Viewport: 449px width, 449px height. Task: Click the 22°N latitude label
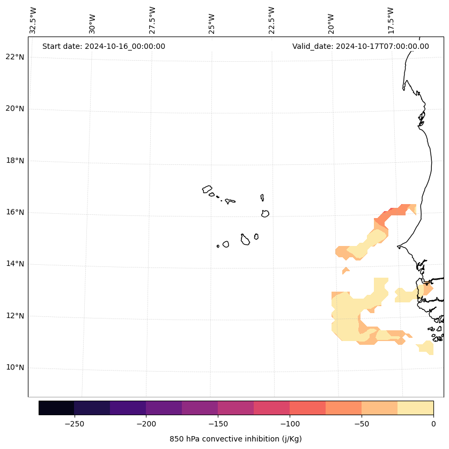[15, 57]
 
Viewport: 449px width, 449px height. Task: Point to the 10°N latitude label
[15, 368]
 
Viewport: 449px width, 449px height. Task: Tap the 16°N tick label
[15, 212]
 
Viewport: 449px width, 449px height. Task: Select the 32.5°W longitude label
[33, 20]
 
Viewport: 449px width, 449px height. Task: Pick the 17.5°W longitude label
[391, 20]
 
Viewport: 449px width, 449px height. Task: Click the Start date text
[104, 46]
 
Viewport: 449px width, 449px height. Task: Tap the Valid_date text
[360, 46]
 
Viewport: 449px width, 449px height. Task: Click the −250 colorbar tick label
[74, 424]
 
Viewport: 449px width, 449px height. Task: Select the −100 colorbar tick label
[290, 424]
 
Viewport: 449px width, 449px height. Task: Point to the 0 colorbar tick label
[433, 424]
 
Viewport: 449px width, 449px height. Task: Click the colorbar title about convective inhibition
[235, 439]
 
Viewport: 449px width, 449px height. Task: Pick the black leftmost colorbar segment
[56, 408]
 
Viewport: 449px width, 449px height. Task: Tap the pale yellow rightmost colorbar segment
[415, 408]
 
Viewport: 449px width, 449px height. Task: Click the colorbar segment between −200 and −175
[164, 408]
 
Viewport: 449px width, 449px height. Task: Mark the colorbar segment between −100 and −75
[307, 408]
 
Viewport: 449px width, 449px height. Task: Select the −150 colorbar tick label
[218, 424]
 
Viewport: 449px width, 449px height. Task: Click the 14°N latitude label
[15, 264]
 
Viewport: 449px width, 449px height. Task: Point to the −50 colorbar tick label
[362, 424]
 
